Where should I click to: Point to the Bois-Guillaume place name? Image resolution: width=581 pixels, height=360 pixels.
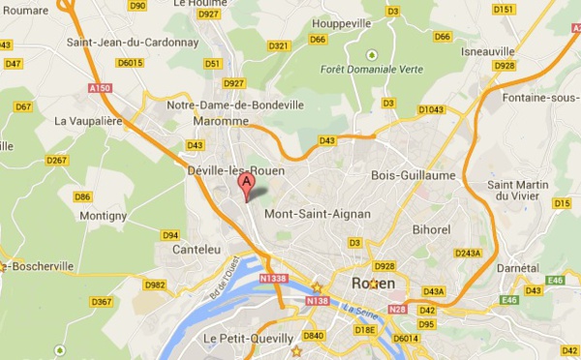(x=413, y=175)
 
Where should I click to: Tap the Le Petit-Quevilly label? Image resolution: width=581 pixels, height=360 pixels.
(x=248, y=338)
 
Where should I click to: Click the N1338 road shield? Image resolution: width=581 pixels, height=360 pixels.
(x=274, y=277)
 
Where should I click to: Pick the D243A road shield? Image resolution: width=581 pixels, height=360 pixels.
(x=467, y=253)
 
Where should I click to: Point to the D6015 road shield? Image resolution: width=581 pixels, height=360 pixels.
(x=130, y=64)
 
